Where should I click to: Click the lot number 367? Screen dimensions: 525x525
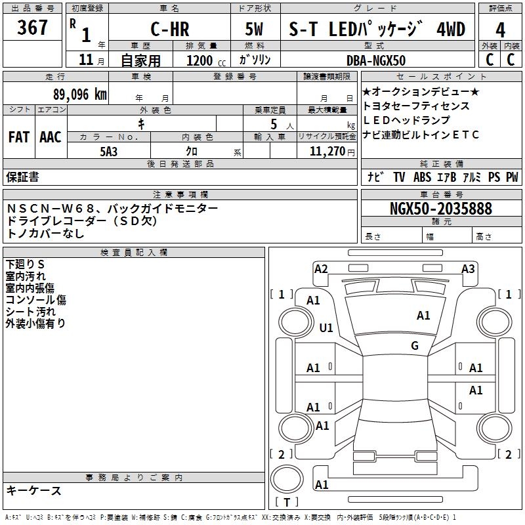pyautogui.click(x=33, y=28)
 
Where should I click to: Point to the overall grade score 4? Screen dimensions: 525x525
pyautogui.click(x=500, y=30)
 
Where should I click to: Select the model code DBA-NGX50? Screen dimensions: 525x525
pyautogui.click(x=376, y=60)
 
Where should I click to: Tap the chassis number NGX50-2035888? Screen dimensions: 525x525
pyautogui.click(x=441, y=209)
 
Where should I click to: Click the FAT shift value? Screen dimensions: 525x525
pyautogui.click(x=18, y=137)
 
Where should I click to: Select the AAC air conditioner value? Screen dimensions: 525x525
pyautogui.click(x=50, y=137)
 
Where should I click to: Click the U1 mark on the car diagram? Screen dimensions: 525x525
pyautogui.click(x=326, y=327)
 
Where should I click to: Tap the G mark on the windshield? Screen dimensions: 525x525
pyautogui.click(x=415, y=346)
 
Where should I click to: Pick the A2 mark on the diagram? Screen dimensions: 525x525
pyautogui.click(x=321, y=268)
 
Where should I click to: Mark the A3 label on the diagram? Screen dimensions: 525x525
pyautogui.click(x=468, y=268)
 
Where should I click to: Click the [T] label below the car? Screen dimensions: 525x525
pyautogui.click(x=286, y=503)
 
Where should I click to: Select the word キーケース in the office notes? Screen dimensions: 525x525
pyautogui.click(x=34, y=491)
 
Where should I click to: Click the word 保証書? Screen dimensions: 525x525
pyautogui.click(x=22, y=177)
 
